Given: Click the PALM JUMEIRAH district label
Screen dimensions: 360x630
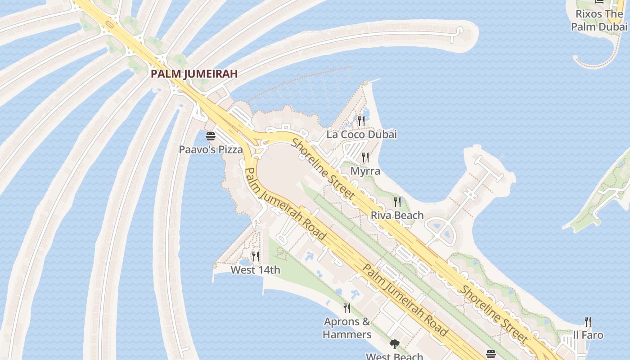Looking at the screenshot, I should pos(194,74).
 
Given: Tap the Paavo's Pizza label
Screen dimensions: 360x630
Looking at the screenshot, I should pos(211,149).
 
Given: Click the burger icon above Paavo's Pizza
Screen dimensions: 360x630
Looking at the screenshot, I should pos(211,136).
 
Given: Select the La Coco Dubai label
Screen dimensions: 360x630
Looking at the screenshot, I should pos(362,134).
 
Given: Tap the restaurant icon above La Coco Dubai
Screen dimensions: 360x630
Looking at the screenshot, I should pos(361,121).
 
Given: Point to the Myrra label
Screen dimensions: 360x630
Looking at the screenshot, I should pos(365,171).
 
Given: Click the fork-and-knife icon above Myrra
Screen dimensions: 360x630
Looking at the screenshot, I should pos(365,157).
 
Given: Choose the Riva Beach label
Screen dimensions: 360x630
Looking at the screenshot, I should pos(397,215).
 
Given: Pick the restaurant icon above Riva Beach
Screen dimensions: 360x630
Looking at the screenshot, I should pos(397,202).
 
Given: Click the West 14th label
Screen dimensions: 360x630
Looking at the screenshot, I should pos(255,270).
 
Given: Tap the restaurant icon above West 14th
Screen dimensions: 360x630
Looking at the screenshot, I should pos(255,256).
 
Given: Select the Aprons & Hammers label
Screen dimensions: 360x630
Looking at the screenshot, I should pos(347,328).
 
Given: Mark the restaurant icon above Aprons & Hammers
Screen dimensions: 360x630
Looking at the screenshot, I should pos(347,308).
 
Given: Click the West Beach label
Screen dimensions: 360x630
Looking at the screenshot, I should pos(394,356).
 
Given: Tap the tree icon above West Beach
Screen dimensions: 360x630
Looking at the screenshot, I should pos(395,344).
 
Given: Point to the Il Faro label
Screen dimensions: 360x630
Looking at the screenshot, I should pos(588,335).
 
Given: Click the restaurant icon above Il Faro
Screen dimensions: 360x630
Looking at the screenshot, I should pos(588,321).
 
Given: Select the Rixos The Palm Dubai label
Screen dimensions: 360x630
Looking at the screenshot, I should pos(599,20).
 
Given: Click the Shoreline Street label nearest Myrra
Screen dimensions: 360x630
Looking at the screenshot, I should pos(324,169).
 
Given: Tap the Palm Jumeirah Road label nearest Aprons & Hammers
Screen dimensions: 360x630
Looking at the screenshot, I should pos(405,300).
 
